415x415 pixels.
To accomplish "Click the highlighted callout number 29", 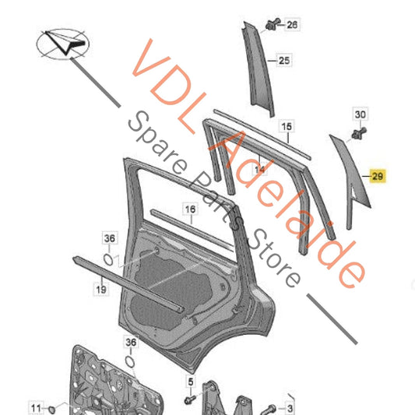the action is (x=378, y=176).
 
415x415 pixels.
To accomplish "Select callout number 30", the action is (x=360, y=114).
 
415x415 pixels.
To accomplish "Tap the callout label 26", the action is (x=292, y=25).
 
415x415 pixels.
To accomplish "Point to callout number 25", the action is (x=284, y=61).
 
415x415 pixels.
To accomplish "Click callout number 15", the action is (x=287, y=126).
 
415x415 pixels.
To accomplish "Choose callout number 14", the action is (x=259, y=169).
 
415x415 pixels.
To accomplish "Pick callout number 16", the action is (x=190, y=209).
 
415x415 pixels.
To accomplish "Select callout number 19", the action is (x=101, y=290).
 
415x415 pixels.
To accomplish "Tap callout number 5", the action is (x=191, y=382).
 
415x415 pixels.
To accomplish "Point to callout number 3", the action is (x=290, y=409).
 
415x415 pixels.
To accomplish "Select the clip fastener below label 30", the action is (x=359, y=133).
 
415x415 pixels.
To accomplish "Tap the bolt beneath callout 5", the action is (x=190, y=399).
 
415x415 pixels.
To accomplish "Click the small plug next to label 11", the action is (x=52, y=410).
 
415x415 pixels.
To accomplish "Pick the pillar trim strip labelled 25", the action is (x=258, y=69).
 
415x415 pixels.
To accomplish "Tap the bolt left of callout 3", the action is (x=270, y=409).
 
